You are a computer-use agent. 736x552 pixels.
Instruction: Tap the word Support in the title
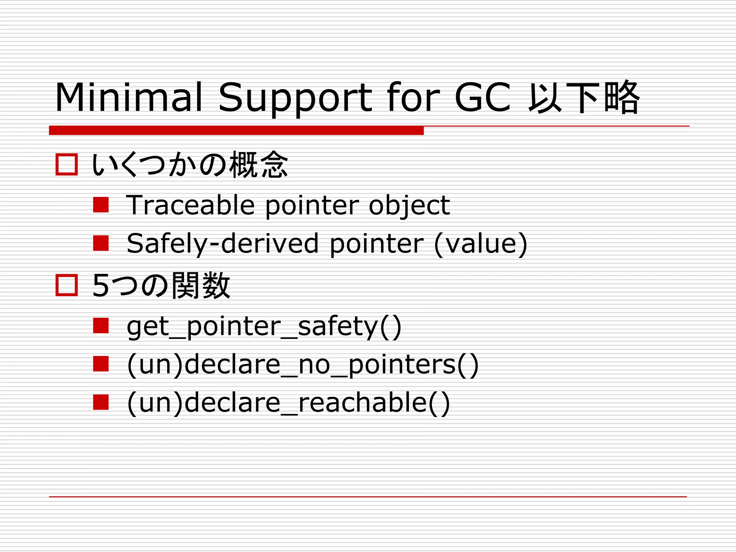pos(295,98)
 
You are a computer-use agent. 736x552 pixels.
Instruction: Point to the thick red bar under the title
pos(236,130)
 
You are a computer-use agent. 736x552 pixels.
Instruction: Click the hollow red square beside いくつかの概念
pos(67,165)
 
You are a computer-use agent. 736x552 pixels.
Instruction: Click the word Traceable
pos(190,205)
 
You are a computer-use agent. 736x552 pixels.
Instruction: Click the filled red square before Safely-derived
pos(101,243)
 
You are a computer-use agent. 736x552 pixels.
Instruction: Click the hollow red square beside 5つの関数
pos(67,285)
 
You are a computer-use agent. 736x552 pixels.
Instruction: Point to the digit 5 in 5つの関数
pos(101,286)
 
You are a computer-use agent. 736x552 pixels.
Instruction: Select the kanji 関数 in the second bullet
pos(201,286)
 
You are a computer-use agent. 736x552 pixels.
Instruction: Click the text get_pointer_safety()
pos(264,327)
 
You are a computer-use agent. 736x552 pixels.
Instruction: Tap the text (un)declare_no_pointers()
pos(303,365)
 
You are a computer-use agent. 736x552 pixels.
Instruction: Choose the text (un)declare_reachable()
pos(288,403)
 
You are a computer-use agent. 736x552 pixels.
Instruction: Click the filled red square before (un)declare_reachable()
pos(101,402)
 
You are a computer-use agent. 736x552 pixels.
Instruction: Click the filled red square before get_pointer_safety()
pos(101,326)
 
